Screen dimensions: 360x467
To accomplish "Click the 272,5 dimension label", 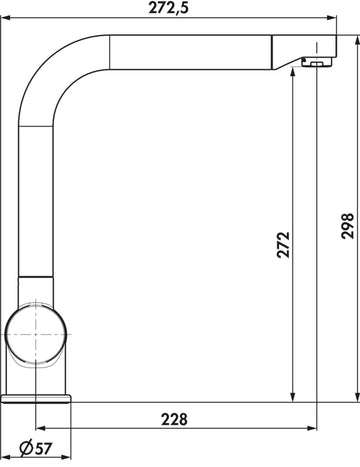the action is coord(169,8).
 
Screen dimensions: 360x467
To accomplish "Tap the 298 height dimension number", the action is coord(348,226).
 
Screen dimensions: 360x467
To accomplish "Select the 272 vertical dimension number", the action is coord(284,245).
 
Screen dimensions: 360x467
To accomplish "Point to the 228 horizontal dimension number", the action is coord(174,419).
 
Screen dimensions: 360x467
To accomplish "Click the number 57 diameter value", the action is coord(43,448).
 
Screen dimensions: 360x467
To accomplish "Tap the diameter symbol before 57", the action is coord(26,448).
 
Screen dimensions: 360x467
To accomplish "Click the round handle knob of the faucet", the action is coord(36,334).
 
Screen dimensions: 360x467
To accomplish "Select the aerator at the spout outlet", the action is coord(317,62).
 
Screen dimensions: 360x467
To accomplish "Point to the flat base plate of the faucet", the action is coord(36,399).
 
